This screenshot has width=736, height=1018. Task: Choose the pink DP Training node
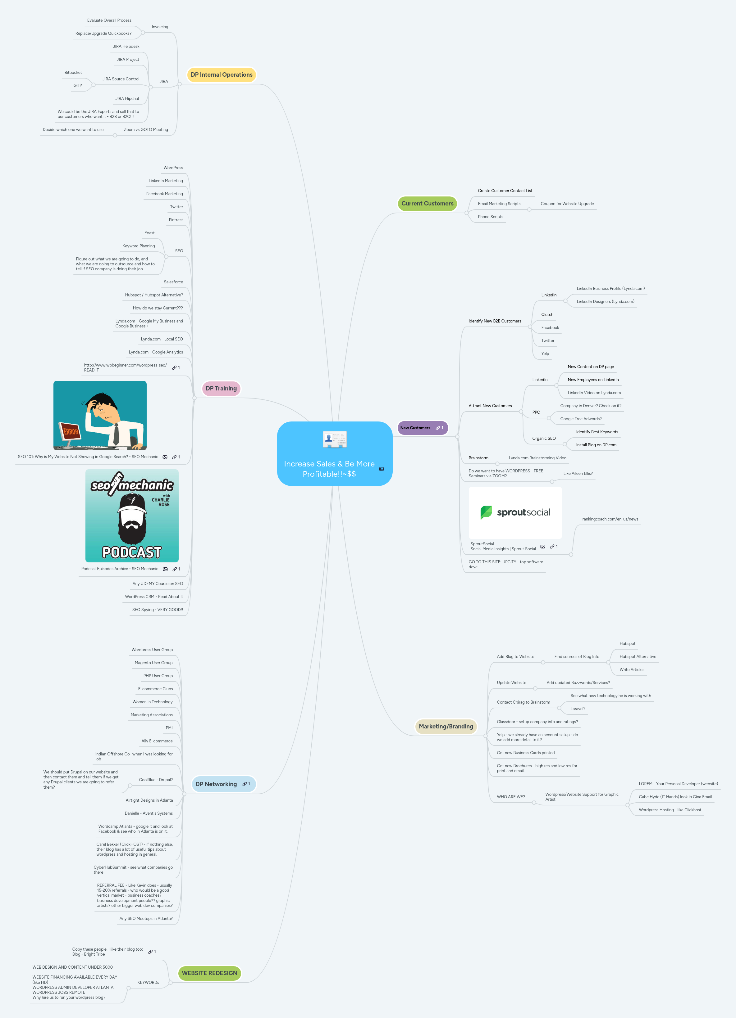(x=221, y=389)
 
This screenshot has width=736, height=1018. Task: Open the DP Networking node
(x=216, y=784)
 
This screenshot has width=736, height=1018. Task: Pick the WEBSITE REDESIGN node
(x=209, y=973)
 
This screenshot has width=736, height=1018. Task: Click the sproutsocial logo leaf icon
(x=486, y=512)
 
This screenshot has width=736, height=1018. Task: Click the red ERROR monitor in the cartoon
(x=71, y=432)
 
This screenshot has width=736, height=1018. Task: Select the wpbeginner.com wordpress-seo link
(x=126, y=365)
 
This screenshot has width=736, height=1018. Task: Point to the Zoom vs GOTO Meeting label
(x=146, y=130)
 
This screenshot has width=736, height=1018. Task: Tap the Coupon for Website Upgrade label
(x=567, y=204)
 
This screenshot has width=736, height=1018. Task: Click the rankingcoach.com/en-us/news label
(x=610, y=519)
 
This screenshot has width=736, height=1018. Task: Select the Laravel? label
(x=578, y=709)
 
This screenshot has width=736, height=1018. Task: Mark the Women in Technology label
(x=152, y=702)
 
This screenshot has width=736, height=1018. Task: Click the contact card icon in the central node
(x=335, y=439)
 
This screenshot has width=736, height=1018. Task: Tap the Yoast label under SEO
(x=150, y=233)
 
